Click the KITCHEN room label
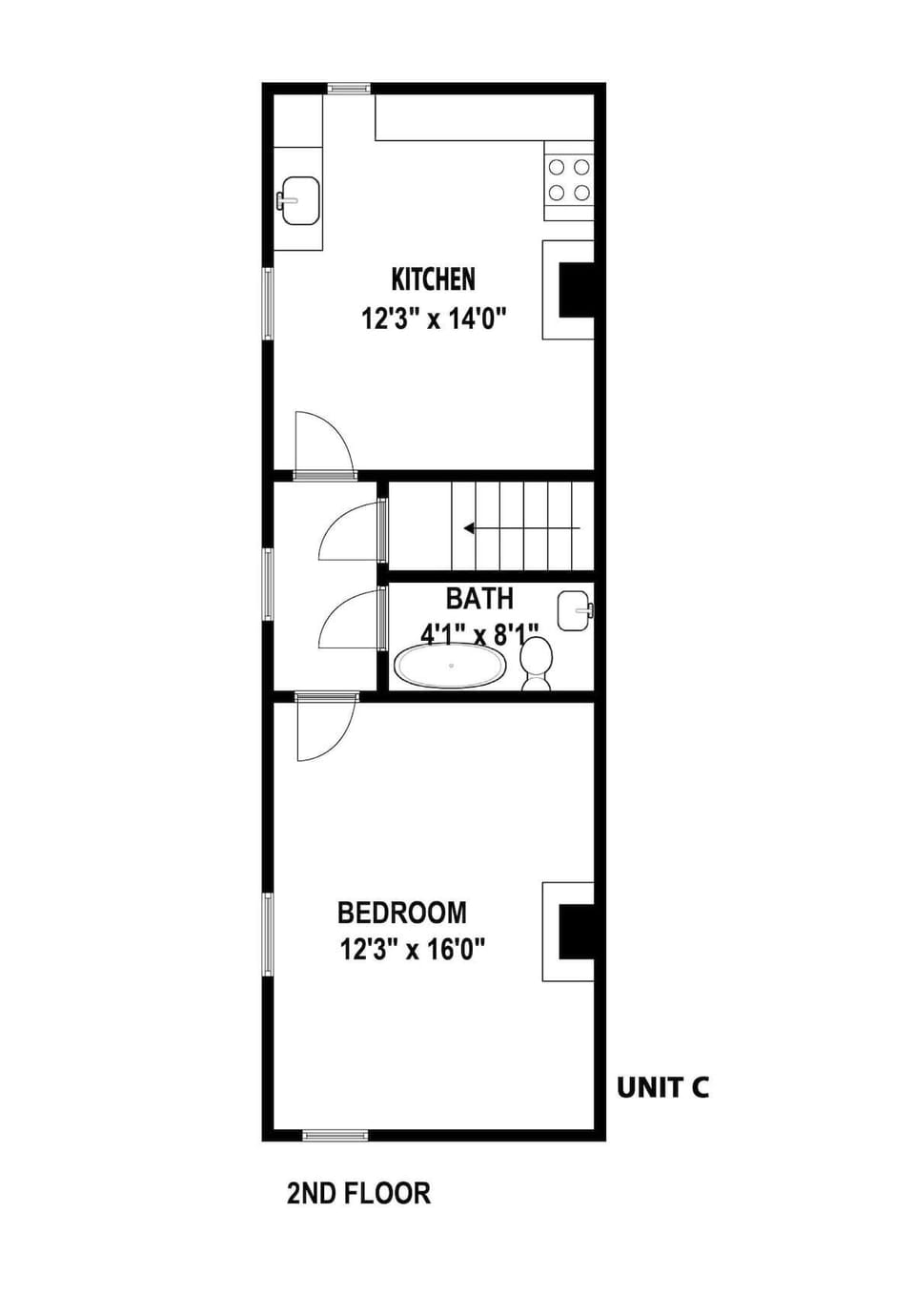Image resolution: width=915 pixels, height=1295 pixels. pyautogui.click(x=433, y=279)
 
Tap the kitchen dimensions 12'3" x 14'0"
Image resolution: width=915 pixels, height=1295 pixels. pyautogui.click(x=433, y=318)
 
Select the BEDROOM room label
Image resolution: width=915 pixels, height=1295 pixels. pyautogui.click(x=402, y=913)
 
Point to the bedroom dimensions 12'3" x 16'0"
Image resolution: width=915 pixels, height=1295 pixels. pyautogui.click(x=413, y=950)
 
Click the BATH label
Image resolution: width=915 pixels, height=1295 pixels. pyautogui.click(x=479, y=599)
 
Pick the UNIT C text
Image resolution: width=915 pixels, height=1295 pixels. pyautogui.click(x=662, y=1087)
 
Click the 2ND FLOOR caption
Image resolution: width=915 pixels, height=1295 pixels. pyautogui.click(x=358, y=1193)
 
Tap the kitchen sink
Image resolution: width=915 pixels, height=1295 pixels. pyautogui.click(x=298, y=200)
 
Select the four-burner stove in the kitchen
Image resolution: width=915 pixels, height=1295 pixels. pyautogui.click(x=568, y=180)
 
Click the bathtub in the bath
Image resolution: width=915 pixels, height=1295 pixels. pyautogui.click(x=449, y=666)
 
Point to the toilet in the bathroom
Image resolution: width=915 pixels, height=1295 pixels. pyautogui.click(x=537, y=663)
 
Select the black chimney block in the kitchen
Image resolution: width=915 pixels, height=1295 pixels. pyautogui.click(x=576, y=290)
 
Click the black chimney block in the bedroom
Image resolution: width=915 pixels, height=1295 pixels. pyautogui.click(x=576, y=932)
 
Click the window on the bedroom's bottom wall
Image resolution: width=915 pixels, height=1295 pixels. pyautogui.click(x=335, y=1135)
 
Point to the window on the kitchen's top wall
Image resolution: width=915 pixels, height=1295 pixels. pyautogui.click(x=349, y=89)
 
